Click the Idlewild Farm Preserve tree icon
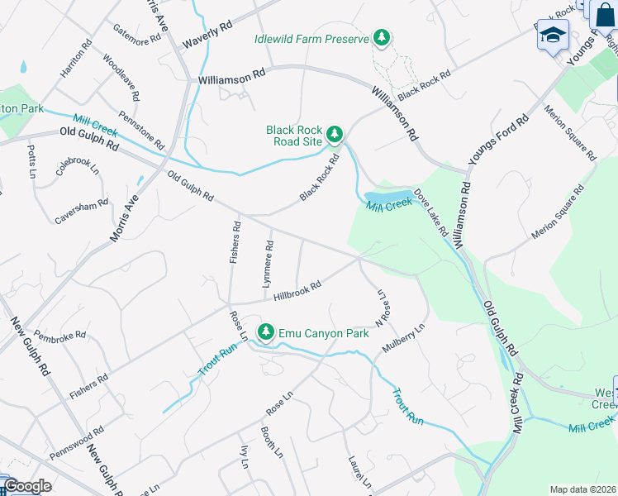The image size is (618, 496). coord(381,37)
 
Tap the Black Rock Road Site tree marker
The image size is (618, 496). coord(335,134)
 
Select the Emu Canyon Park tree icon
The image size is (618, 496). coord(266,333)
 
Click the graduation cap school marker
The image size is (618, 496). coord(553,35)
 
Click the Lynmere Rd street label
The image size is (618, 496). coord(267,264)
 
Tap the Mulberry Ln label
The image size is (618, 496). coord(404,339)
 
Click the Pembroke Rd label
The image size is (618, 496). coord(61,338)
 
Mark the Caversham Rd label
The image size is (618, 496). coord(82,212)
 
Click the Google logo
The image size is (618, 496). coord(27,486)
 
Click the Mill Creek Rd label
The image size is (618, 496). coord(518,403)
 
